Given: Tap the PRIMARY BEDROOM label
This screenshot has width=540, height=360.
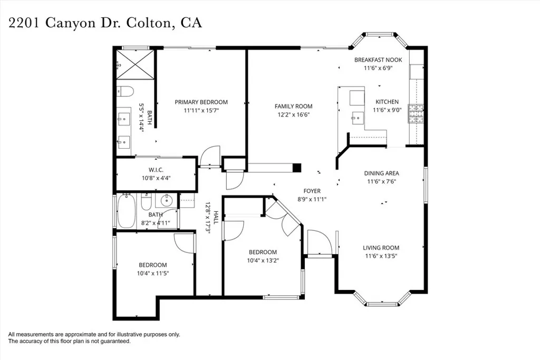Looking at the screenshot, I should pyautogui.click(x=201, y=102).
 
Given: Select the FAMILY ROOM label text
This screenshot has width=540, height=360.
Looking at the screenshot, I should pyautogui.click(x=293, y=106).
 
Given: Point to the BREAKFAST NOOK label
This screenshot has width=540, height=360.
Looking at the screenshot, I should pyautogui.click(x=378, y=60).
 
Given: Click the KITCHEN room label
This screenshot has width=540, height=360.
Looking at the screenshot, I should pyautogui.click(x=387, y=102).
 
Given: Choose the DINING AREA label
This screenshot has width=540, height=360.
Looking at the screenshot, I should pyautogui.click(x=381, y=173).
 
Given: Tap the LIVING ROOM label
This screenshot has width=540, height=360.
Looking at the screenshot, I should pyautogui.click(x=381, y=248).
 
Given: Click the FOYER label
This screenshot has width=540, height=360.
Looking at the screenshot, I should pyautogui.click(x=312, y=191).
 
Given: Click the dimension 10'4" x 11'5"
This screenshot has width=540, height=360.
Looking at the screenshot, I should pyautogui.click(x=152, y=273).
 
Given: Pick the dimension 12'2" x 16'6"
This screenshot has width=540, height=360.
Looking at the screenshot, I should pyautogui.click(x=293, y=114).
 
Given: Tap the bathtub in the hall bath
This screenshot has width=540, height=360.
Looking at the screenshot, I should pyautogui.click(x=127, y=211).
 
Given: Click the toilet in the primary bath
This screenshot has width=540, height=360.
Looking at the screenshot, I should pyautogui.click(x=123, y=92).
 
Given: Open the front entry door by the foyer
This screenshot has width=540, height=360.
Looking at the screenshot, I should pyautogui.click(x=319, y=244).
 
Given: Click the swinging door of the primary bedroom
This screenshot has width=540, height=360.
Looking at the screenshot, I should pyautogui.click(x=210, y=157).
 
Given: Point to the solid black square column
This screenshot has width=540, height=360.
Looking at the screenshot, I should pyautogui.click(x=297, y=168).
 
